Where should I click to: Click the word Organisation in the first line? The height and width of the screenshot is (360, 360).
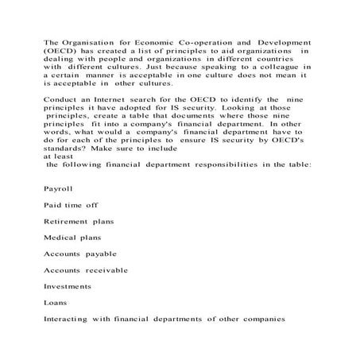click(x=86, y=41)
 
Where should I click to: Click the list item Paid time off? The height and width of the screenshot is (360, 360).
click(x=71, y=205)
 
